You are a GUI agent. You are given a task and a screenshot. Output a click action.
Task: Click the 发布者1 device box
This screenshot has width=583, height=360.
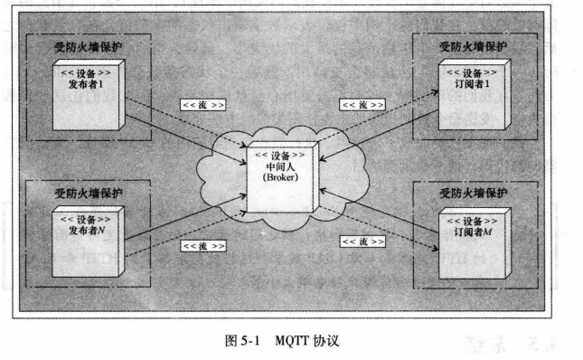coord(86,95)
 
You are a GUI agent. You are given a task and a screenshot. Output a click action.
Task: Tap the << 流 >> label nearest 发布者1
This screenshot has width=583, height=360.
coord(202,105)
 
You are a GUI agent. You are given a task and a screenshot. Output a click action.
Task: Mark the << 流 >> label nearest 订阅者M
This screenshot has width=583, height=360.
coord(362,241)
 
